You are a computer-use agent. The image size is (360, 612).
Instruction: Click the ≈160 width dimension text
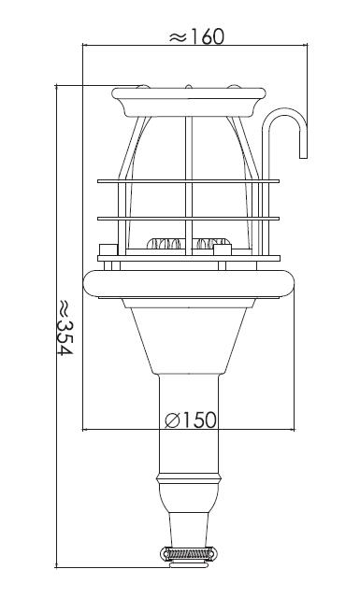click(x=196, y=36)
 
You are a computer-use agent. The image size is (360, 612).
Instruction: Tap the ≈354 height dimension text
click(x=65, y=327)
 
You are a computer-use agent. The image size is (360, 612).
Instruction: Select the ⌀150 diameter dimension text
click(x=190, y=420)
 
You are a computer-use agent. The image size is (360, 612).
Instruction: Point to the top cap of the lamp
click(x=189, y=102)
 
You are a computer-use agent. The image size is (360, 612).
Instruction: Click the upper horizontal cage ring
click(x=188, y=181)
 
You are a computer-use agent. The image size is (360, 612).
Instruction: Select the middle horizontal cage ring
click(x=188, y=219)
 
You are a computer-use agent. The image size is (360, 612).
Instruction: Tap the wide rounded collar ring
click(x=189, y=284)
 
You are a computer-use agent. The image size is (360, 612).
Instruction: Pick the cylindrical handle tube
click(x=189, y=423)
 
